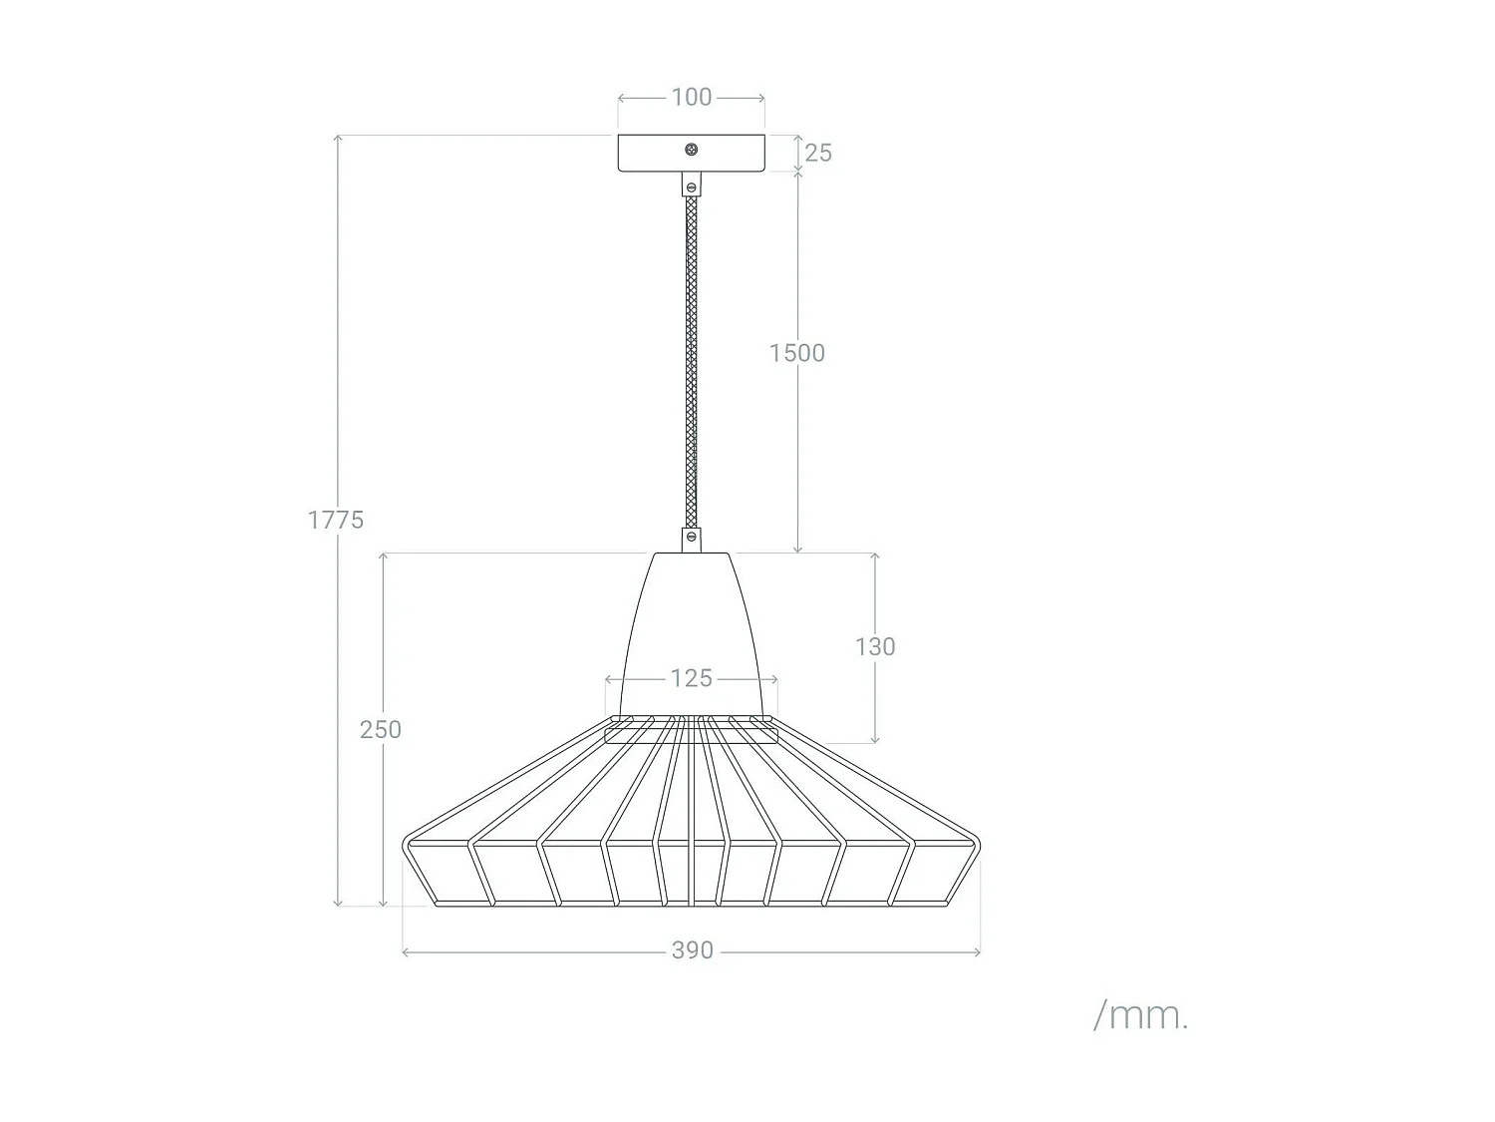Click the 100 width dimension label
tap(691, 97)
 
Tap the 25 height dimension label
tap(817, 153)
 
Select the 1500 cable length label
tap(796, 353)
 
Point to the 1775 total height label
tap(336, 520)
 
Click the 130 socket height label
tap(875, 646)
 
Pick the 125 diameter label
tap(691, 678)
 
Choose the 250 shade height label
tap(381, 729)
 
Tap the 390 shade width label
tap(692, 950)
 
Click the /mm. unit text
tap(1141, 1015)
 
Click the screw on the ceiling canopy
tap(692, 150)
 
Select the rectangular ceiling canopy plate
tap(648, 154)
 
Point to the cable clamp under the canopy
tap(692, 186)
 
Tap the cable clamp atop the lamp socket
tap(692, 540)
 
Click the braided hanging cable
tap(692, 359)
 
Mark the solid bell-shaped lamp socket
tap(691, 628)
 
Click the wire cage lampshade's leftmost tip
tap(404, 848)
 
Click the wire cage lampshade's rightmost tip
tap(979, 848)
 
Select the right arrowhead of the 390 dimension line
tap(977, 952)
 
